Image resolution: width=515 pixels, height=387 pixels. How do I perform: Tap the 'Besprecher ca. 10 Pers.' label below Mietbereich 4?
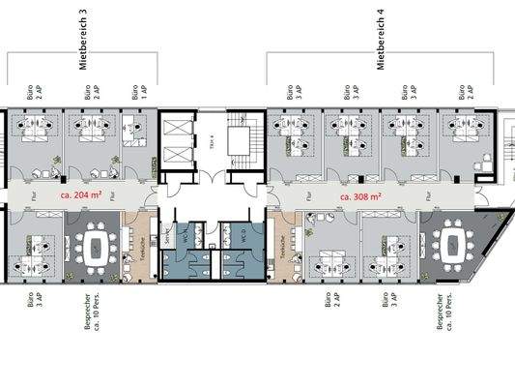coord(443,313)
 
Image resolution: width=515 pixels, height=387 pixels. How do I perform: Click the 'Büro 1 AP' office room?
coord(137,140)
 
